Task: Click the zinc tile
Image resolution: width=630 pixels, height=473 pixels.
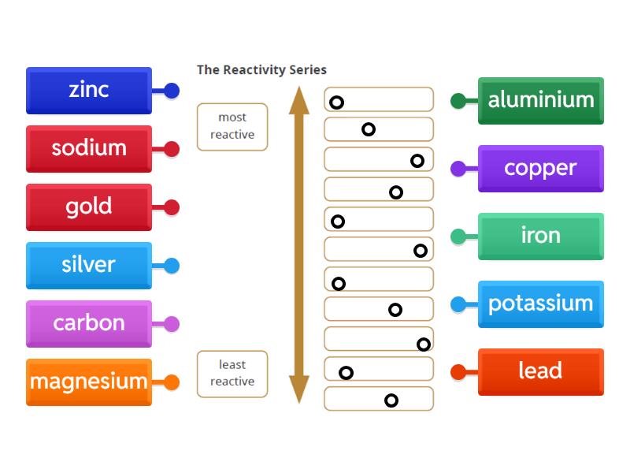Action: pos(88,90)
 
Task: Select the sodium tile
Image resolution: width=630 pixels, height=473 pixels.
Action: pos(88,148)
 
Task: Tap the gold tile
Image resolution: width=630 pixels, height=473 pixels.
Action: pos(88,207)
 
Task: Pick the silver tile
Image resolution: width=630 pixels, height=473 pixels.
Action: pos(88,265)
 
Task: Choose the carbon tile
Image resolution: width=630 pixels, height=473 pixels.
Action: pos(88,323)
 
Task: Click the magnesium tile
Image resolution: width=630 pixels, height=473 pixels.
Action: pos(88,382)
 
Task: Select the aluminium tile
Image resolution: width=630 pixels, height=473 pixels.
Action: pos(541,100)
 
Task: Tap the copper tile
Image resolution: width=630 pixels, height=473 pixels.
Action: pos(541,168)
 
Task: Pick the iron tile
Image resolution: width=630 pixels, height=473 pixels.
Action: pos(541,236)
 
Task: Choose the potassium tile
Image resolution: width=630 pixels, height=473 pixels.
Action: pos(541,304)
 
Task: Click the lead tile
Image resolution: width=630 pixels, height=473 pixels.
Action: pos(541,371)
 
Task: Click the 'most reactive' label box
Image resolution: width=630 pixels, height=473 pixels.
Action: pos(232,127)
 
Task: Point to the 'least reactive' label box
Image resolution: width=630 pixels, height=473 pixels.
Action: pos(232,374)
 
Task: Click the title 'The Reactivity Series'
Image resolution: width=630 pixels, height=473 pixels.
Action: pos(261,69)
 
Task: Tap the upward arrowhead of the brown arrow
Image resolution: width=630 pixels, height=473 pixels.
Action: pos(299,99)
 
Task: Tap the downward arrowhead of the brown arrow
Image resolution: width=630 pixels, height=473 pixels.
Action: pos(299,389)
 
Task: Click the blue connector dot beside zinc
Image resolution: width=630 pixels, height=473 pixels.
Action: pos(171,91)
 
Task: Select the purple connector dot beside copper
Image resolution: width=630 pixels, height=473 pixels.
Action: pos(458,168)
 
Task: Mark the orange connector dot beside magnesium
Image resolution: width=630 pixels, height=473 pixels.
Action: pos(171,382)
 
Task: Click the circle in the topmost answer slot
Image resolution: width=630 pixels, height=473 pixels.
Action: pos(336,102)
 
